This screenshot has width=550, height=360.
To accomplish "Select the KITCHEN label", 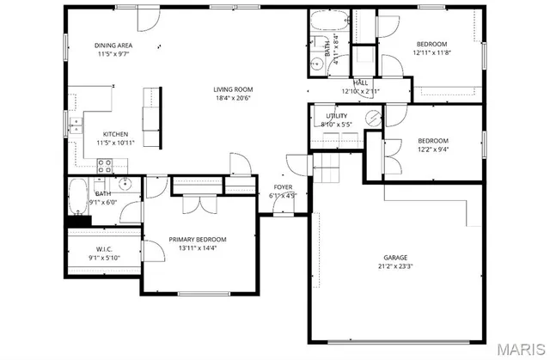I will coord(116,134).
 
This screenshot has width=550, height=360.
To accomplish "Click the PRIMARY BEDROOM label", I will coord(197,239).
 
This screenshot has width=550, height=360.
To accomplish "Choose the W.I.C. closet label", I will coord(102,248).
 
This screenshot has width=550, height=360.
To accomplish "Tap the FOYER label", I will coord(283,186).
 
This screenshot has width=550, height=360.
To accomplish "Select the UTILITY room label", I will coord(336,116).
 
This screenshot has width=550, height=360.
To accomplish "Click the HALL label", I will coord(361,82).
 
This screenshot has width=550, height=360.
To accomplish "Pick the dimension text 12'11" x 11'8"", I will coord(431,52).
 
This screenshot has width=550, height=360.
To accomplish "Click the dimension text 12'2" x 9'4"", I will coord(432,149).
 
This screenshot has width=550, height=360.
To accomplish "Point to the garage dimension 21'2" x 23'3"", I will coord(395,266).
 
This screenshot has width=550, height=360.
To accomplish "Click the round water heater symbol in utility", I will coord(372,117).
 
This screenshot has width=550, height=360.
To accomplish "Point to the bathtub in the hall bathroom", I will coord(330,20).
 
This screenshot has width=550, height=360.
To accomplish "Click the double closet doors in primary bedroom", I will coord(197,204).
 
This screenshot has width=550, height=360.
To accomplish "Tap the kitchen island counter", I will coord(153,117).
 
